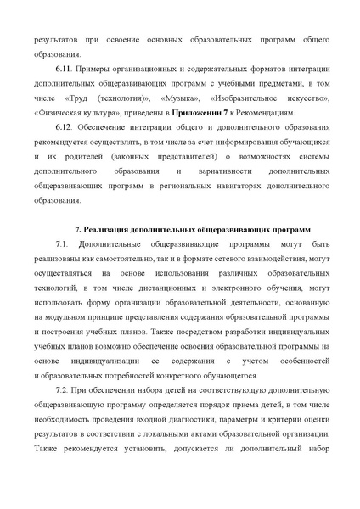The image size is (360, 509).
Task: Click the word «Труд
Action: click(79, 102)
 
